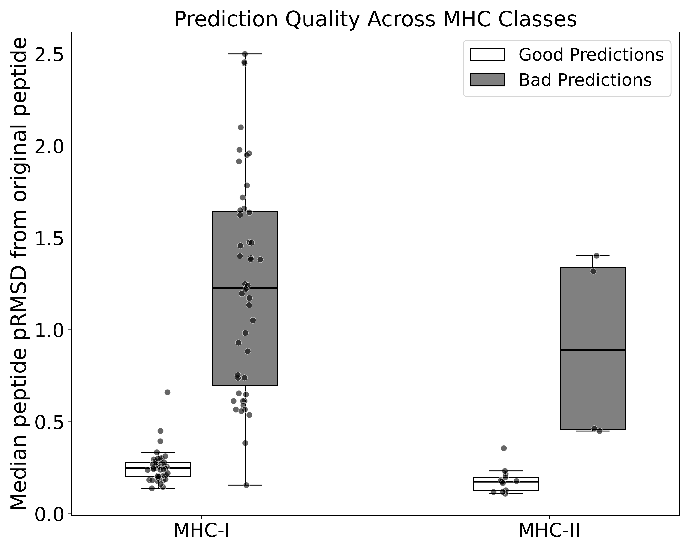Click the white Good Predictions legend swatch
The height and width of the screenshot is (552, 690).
click(487, 55)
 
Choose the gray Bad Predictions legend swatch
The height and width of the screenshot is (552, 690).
click(487, 80)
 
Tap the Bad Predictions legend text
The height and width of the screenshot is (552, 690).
click(585, 80)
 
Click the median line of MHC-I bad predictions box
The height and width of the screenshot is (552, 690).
click(245, 288)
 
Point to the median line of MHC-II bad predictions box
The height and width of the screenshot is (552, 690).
click(592, 350)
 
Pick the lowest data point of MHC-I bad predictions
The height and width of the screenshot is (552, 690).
click(246, 485)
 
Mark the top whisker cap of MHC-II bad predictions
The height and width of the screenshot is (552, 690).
click(592, 256)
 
